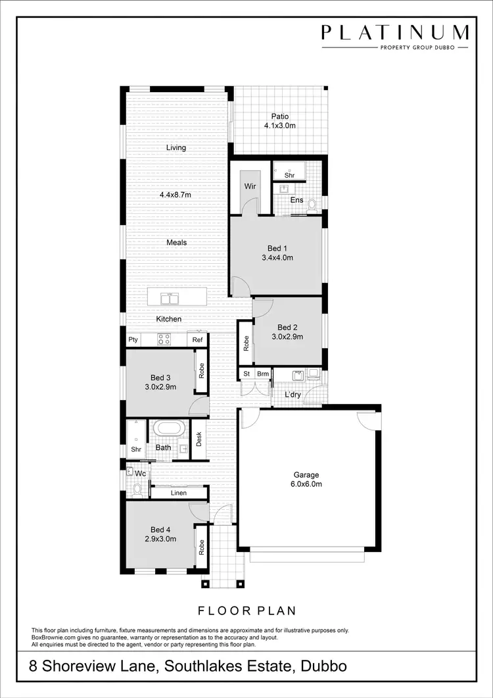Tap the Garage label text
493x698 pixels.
tap(306, 475)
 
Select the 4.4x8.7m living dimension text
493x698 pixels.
tap(176, 195)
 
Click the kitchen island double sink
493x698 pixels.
tap(170, 299)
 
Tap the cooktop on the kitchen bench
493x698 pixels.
tap(164, 339)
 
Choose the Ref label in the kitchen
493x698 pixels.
tap(197, 340)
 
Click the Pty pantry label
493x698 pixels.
tap(133, 340)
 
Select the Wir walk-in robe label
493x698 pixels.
tap(250, 187)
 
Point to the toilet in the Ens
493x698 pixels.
tap(313, 205)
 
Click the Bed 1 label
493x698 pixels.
tap(276, 248)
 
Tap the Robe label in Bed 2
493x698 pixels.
tap(246, 343)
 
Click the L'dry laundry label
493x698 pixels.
tap(293, 395)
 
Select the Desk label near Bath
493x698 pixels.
tap(199, 439)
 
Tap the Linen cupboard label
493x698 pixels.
tap(178, 493)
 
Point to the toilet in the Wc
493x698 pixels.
tap(137, 488)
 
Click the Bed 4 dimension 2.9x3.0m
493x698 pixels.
tap(160, 538)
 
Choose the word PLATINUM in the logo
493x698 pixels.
tap(395, 33)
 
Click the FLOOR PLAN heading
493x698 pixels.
tap(246, 611)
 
